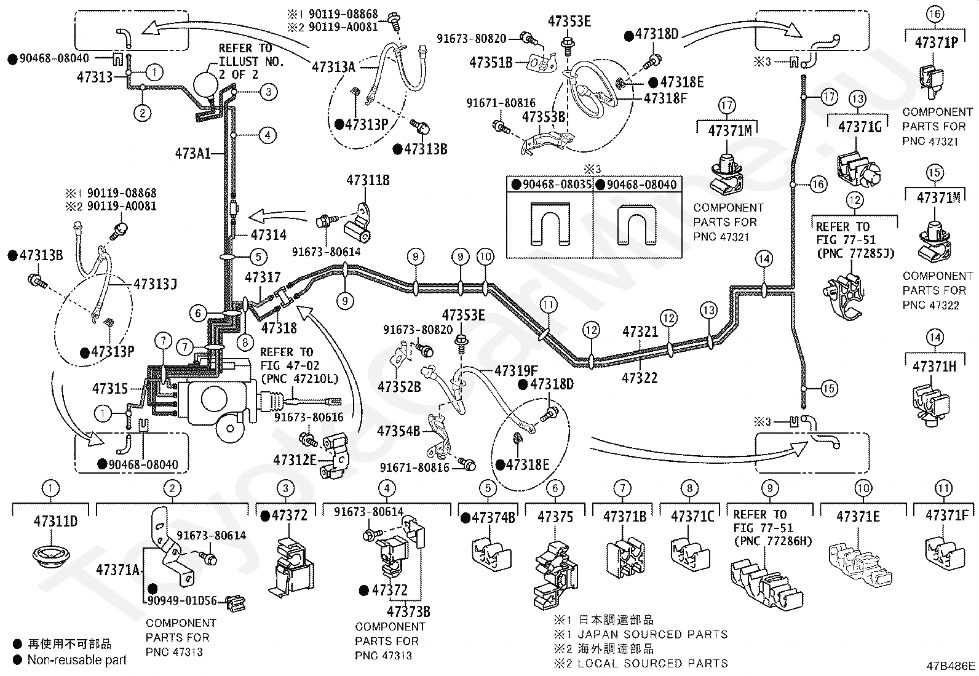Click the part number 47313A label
333,67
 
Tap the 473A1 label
192,154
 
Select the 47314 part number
268,235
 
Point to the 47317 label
262,277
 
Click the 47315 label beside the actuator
109,388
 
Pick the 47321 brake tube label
640,332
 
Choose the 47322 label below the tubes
640,378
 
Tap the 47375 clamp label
555,517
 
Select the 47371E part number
858,517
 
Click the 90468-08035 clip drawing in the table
550,223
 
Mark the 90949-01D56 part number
182,601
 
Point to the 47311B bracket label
368,180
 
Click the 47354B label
398,432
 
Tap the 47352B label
399,386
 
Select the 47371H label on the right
935,367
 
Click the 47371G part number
860,127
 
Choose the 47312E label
295,460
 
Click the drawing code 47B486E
951,666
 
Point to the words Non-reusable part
77,660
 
